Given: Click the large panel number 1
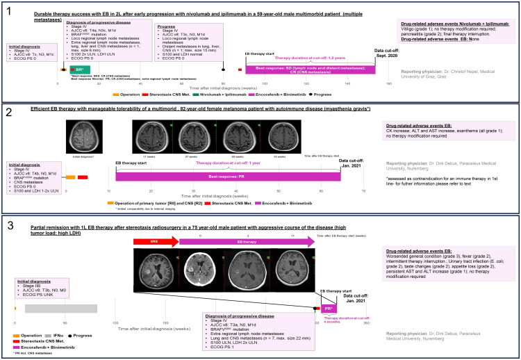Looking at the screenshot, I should point(9,12).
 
